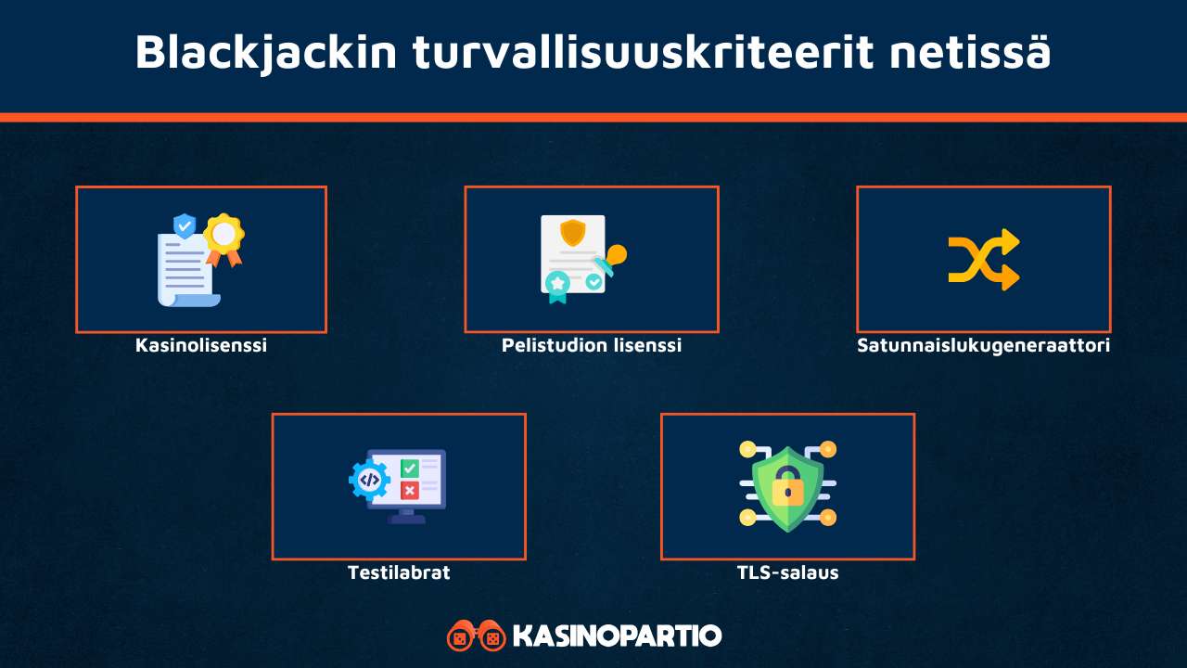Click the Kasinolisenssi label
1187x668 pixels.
(201, 345)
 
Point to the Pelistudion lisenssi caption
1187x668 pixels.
(592, 345)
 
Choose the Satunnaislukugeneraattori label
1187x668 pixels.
(983, 345)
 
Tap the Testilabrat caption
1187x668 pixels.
(399, 572)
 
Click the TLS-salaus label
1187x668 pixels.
(787, 572)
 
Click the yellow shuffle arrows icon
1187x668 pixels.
(983, 260)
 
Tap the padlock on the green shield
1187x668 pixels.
(787, 489)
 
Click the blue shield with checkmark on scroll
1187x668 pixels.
(185, 225)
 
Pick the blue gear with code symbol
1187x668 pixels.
(369, 480)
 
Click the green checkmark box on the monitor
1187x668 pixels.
(409, 469)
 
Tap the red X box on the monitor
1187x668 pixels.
(409, 490)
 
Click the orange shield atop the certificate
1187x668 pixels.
(573, 231)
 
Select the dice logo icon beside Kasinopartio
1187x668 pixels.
(476, 636)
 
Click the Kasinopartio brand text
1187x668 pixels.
(617, 636)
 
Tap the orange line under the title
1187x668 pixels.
(593, 117)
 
